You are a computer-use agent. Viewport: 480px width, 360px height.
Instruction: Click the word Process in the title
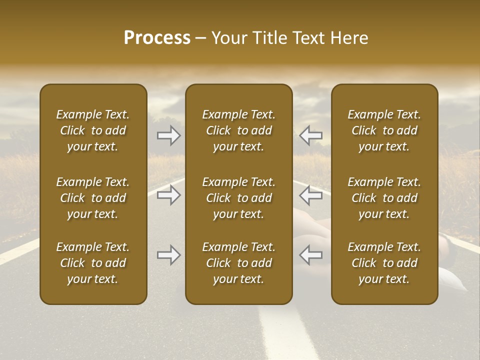tap(157, 38)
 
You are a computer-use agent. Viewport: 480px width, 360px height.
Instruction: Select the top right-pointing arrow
tap(168, 135)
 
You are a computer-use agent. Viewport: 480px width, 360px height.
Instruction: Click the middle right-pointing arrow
tap(168, 195)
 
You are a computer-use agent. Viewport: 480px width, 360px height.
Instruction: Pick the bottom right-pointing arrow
tap(168, 255)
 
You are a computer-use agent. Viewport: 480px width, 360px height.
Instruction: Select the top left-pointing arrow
tap(311, 135)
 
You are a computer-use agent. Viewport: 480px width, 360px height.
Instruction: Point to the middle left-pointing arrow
tap(311, 195)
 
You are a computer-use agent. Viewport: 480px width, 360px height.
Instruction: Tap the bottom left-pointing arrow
tap(311, 255)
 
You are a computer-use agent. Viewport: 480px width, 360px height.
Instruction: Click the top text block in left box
tap(93, 130)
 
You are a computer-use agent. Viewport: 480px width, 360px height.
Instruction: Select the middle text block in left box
tap(93, 198)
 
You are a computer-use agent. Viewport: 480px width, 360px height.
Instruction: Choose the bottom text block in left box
tap(93, 263)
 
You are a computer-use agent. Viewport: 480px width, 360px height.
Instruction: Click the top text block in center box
tap(238, 130)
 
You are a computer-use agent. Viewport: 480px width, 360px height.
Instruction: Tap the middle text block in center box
tap(238, 198)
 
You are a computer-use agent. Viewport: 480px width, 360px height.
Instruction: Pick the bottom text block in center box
tap(238, 263)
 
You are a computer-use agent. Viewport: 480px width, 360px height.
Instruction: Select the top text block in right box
tap(384, 130)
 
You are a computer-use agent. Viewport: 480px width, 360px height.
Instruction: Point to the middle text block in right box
tap(384, 198)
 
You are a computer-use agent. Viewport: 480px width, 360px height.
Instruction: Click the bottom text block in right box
tap(384, 263)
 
